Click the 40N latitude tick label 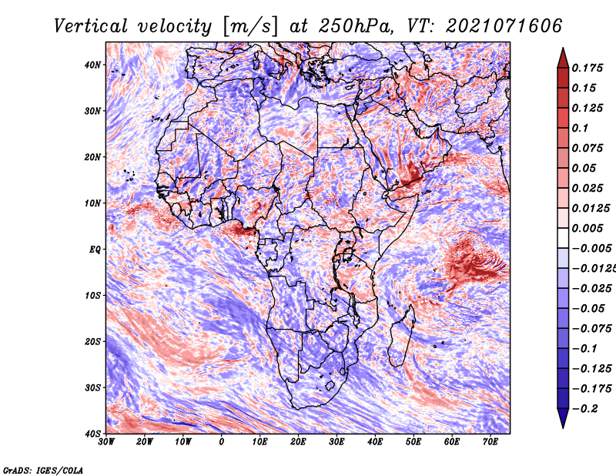92,65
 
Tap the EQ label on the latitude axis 95,250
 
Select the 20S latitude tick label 92,341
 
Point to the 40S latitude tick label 92,434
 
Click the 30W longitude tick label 106,442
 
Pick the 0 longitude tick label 222,442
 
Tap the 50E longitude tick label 413,442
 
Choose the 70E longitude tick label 490,442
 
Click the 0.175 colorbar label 588,69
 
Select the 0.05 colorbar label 584,168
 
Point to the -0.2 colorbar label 584,409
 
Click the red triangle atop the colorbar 563,59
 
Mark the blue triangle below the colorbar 563,417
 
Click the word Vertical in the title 91,26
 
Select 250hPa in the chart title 356,26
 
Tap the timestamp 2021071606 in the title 504,26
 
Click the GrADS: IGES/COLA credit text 43,471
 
